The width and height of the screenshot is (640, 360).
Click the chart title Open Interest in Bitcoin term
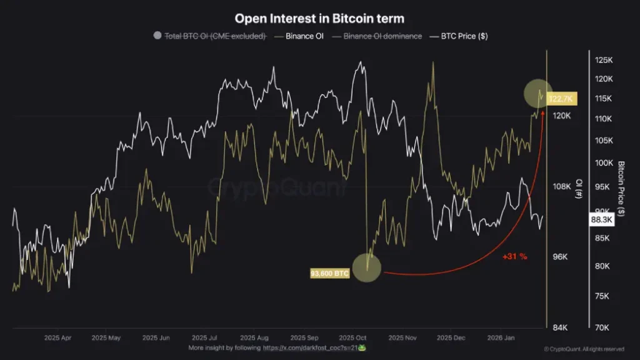[x=319, y=19]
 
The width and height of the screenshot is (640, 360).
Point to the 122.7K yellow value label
[x=562, y=99]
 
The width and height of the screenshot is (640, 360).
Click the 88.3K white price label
[x=602, y=220]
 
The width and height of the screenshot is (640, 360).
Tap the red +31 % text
[x=515, y=256]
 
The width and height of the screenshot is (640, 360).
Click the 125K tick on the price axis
[x=603, y=60]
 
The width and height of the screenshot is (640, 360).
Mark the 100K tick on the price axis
[x=603, y=163]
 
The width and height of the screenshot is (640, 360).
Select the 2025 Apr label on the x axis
[x=58, y=337]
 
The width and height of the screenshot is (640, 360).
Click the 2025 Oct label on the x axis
[x=354, y=337]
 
